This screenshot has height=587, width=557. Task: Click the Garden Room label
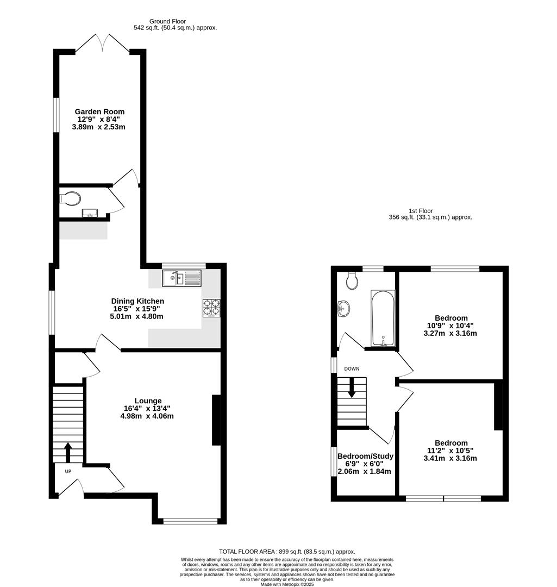click(x=99, y=112)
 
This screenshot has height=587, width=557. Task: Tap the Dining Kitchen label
click(x=137, y=301)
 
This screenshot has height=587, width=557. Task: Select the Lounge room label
click(x=148, y=401)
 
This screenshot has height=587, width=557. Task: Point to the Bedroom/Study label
click(x=365, y=456)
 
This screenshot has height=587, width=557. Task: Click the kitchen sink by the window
click(x=181, y=279)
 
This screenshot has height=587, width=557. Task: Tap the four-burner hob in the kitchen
click(x=211, y=308)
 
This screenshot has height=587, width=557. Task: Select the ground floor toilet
click(x=71, y=198)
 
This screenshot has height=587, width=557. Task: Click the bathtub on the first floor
click(x=383, y=318)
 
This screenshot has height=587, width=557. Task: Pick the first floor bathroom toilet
click(x=352, y=280)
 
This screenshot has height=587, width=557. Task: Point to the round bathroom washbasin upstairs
click(x=344, y=309)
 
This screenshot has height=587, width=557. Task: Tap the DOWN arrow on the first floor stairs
click(x=352, y=387)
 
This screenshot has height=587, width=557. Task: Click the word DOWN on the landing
click(x=352, y=369)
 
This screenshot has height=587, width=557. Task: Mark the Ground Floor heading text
click(x=167, y=21)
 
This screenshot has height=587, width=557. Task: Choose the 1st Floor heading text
click(x=421, y=211)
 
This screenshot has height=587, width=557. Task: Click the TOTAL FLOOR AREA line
click(x=287, y=551)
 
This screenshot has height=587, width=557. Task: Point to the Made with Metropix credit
click(x=287, y=585)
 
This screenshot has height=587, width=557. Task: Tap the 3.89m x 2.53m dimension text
click(x=99, y=127)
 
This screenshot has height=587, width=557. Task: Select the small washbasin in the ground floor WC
click(x=89, y=213)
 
